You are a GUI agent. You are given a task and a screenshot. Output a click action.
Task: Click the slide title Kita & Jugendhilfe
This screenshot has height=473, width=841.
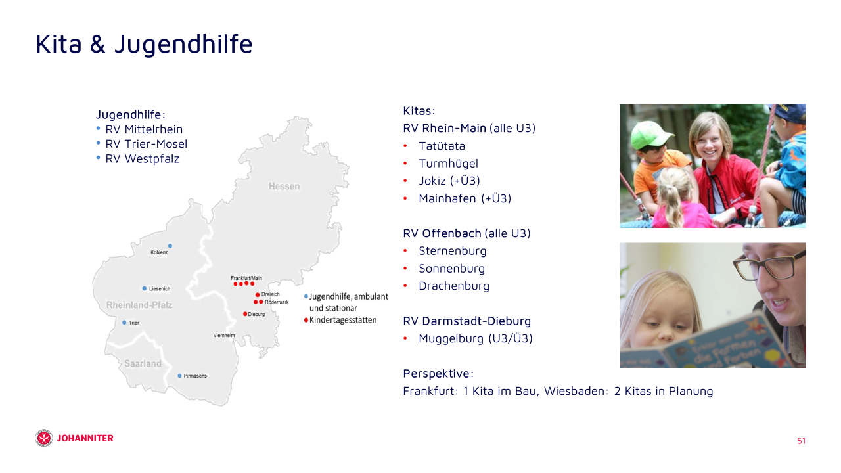[x=144, y=44]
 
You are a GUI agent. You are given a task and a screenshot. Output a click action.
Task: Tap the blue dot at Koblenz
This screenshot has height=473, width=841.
[x=170, y=246]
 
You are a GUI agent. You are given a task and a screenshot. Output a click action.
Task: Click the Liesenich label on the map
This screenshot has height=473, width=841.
[x=160, y=288]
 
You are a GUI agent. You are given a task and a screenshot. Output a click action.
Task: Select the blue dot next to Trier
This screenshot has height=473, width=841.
[x=124, y=323]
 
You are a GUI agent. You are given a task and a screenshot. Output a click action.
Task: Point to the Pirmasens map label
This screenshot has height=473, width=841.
[x=195, y=376]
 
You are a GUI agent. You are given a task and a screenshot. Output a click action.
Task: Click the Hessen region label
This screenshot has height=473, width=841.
[x=284, y=186]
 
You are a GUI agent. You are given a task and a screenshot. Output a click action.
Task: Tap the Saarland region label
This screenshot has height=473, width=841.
[x=143, y=363]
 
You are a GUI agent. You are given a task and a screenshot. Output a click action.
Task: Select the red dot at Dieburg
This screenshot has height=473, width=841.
[x=245, y=314]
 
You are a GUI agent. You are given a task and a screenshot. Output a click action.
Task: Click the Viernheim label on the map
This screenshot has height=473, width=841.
[x=224, y=335]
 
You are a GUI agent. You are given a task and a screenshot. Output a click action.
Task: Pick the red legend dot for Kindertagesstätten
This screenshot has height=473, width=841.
[x=306, y=320]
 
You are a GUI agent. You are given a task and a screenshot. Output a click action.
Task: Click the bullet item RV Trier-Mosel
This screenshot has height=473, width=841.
[x=146, y=144]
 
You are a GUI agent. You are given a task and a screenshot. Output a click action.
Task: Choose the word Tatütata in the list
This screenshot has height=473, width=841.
[x=442, y=146]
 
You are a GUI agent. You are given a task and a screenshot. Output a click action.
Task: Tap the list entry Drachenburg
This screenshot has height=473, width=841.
[x=454, y=286]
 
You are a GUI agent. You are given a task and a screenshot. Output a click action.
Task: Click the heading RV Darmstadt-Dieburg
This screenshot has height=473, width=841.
[x=466, y=321]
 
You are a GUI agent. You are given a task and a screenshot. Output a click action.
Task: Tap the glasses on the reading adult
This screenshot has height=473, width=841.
[x=767, y=265]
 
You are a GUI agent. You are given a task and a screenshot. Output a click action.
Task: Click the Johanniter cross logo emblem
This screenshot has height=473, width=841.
[x=44, y=438]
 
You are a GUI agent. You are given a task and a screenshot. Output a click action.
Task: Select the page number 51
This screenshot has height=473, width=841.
[x=801, y=441]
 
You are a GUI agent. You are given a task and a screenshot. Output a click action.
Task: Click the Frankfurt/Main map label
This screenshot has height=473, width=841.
[x=246, y=278]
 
